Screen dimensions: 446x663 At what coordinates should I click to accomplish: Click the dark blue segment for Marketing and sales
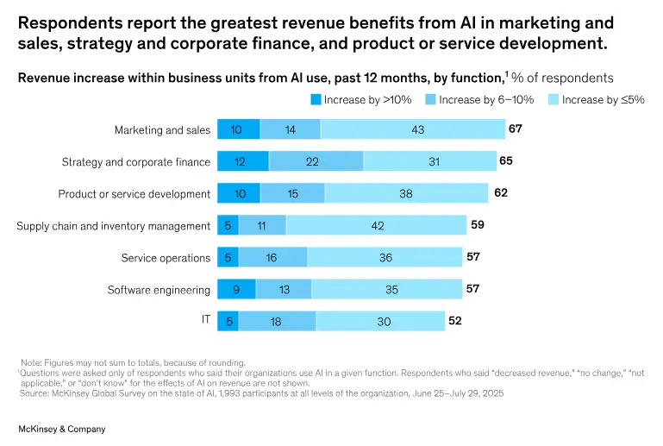[238, 129]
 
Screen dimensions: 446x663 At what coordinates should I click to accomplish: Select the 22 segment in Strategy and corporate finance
[316, 161]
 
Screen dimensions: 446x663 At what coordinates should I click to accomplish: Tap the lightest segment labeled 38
[406, 193]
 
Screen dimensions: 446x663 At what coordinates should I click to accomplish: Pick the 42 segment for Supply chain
[376, 225]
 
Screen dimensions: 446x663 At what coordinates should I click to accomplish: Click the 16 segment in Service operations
[272, 257]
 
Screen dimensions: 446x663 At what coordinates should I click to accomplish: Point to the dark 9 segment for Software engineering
[236, 289]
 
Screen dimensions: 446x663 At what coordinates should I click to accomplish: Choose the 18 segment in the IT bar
[277, 321]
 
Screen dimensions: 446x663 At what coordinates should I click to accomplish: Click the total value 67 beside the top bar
[516, 129]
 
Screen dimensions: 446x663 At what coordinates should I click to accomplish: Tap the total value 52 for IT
[455, 320]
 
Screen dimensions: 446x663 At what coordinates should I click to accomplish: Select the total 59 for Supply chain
[478, 224]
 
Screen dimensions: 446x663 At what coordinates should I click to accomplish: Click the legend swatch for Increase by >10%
[316, 100]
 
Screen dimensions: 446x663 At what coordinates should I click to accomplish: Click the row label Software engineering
[159, 290]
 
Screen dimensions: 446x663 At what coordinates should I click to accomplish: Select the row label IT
[205, 320]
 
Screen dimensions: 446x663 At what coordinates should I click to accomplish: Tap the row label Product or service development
[134, 194]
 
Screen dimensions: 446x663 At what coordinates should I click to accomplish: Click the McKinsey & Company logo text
[62, 429]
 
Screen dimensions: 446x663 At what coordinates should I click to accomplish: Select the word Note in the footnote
[32, 362]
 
